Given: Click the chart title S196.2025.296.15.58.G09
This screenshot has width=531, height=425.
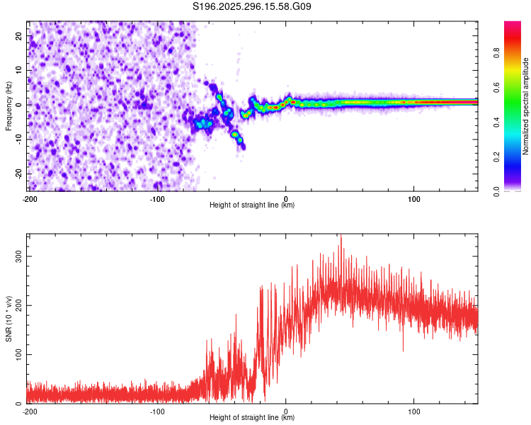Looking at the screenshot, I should click(252, 7).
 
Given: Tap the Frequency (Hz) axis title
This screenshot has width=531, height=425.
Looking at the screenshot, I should click(8, 106).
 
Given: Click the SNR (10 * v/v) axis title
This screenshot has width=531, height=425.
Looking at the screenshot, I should click(8, 318).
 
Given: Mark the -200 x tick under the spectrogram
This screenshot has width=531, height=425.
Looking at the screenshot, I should click(30, 198).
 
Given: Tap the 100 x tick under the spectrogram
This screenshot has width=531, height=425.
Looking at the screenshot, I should click(413, 198).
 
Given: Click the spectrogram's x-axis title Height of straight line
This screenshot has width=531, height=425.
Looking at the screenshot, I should click(252, 205).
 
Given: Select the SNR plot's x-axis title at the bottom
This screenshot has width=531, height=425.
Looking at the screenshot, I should click(252, 418).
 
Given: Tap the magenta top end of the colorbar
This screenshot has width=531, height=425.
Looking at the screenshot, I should click(513, 24).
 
